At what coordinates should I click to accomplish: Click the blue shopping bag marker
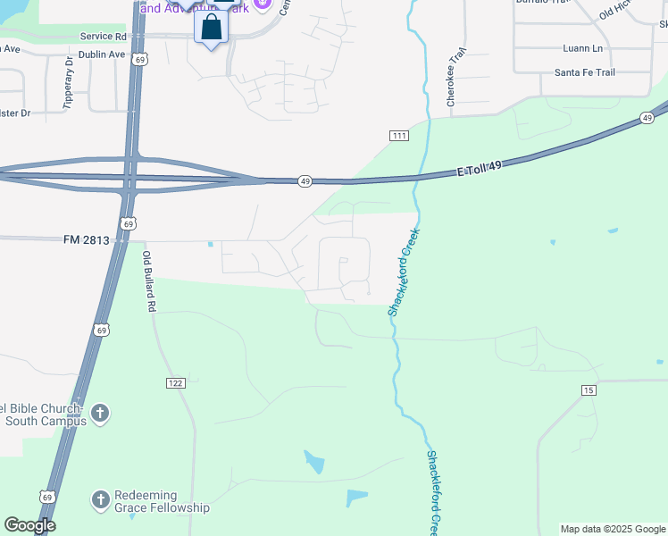pyautogui.click(x=211, y=27)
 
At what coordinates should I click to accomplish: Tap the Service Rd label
pyautogui.click(x=103, y=37)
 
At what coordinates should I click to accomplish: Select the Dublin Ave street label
pyautogui.click(x=103, y=54)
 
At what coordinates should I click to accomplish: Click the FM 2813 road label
pyautogui.click(x=86, y=239)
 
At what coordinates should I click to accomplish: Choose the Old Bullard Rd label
pyautogui.click(x=150, y=281)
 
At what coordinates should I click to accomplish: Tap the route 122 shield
pyautogui.click(x=175, y=382)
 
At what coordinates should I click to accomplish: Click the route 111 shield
pyautogui.click(x=399, y=135)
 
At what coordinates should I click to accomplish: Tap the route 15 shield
pyautogui.click(x=588, y=390)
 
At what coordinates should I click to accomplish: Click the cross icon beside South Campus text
pyautogui.click(x=100, y=414)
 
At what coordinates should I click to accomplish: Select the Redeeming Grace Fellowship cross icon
pyautogui.click(x=100, y=499)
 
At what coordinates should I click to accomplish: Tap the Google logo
pyautogui.click(x=29, y=525)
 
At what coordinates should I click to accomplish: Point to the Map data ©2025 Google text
pyautogui.click(x=612, y=529)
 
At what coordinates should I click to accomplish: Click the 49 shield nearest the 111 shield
pyautogui.click(x=305, y=181)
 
